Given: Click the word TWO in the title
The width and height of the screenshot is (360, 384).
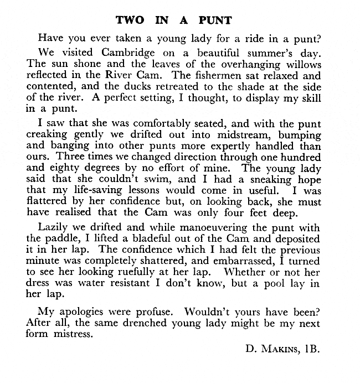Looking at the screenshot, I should (131, 21).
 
